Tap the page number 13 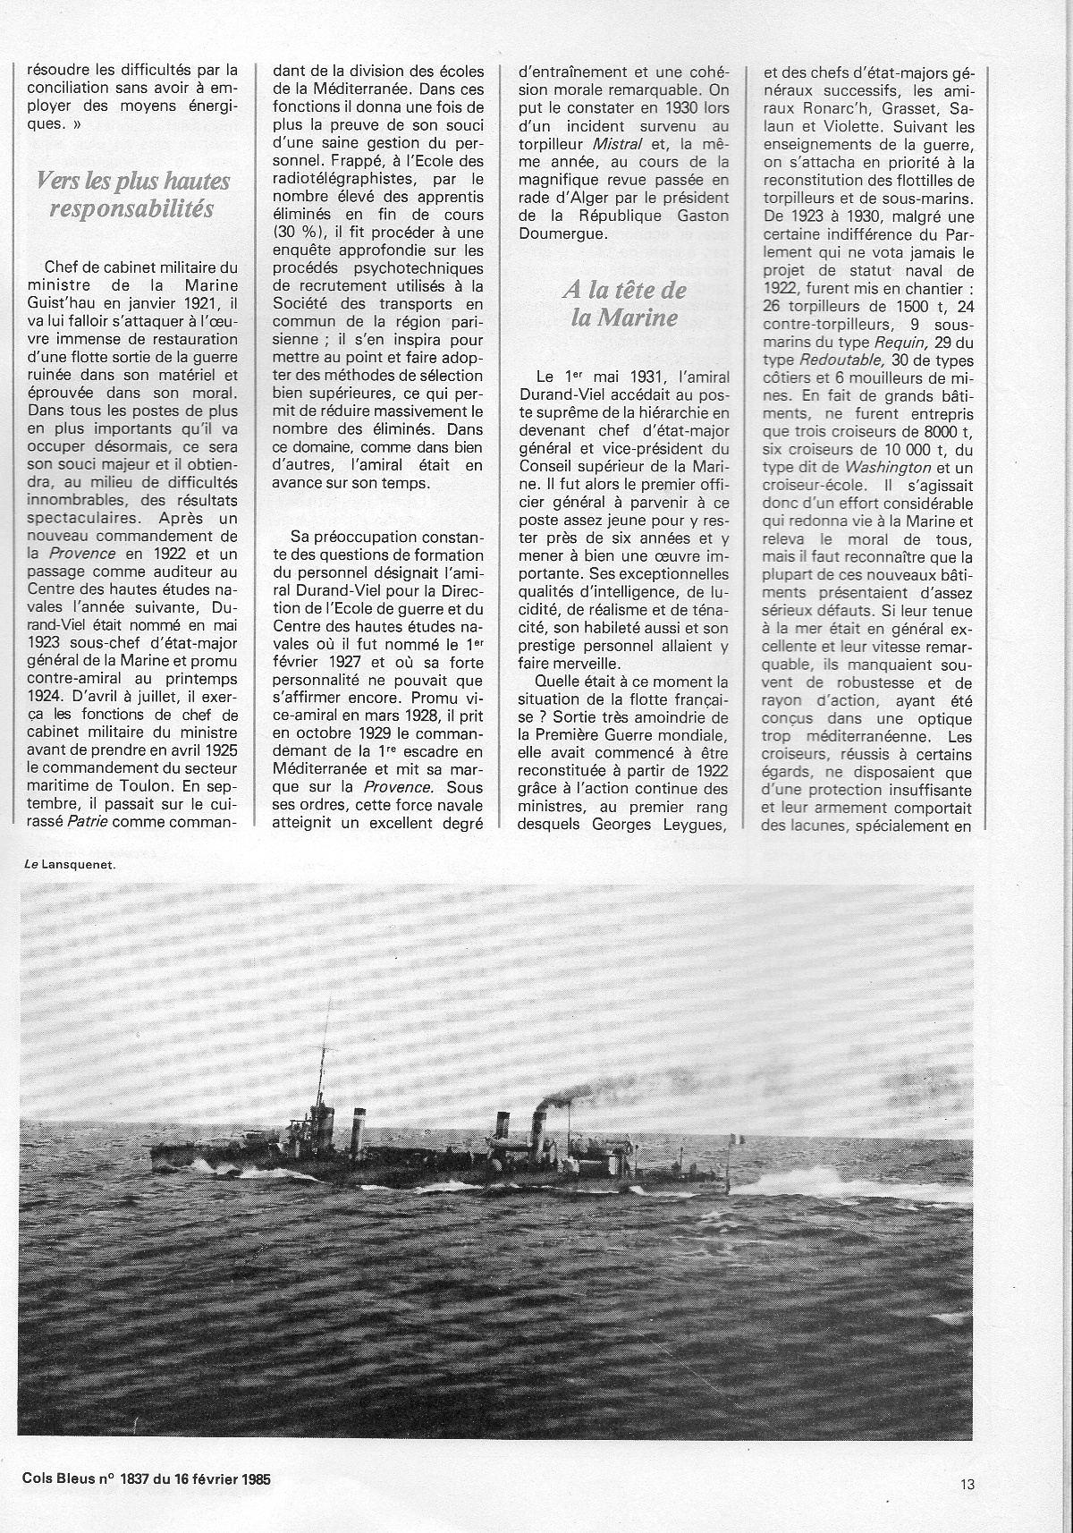pyautogui.click(x=967, y=1485)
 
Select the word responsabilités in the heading pyautogui.click(x=133, y=209)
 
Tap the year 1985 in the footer pyautogui.click(x=252, y=1478)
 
